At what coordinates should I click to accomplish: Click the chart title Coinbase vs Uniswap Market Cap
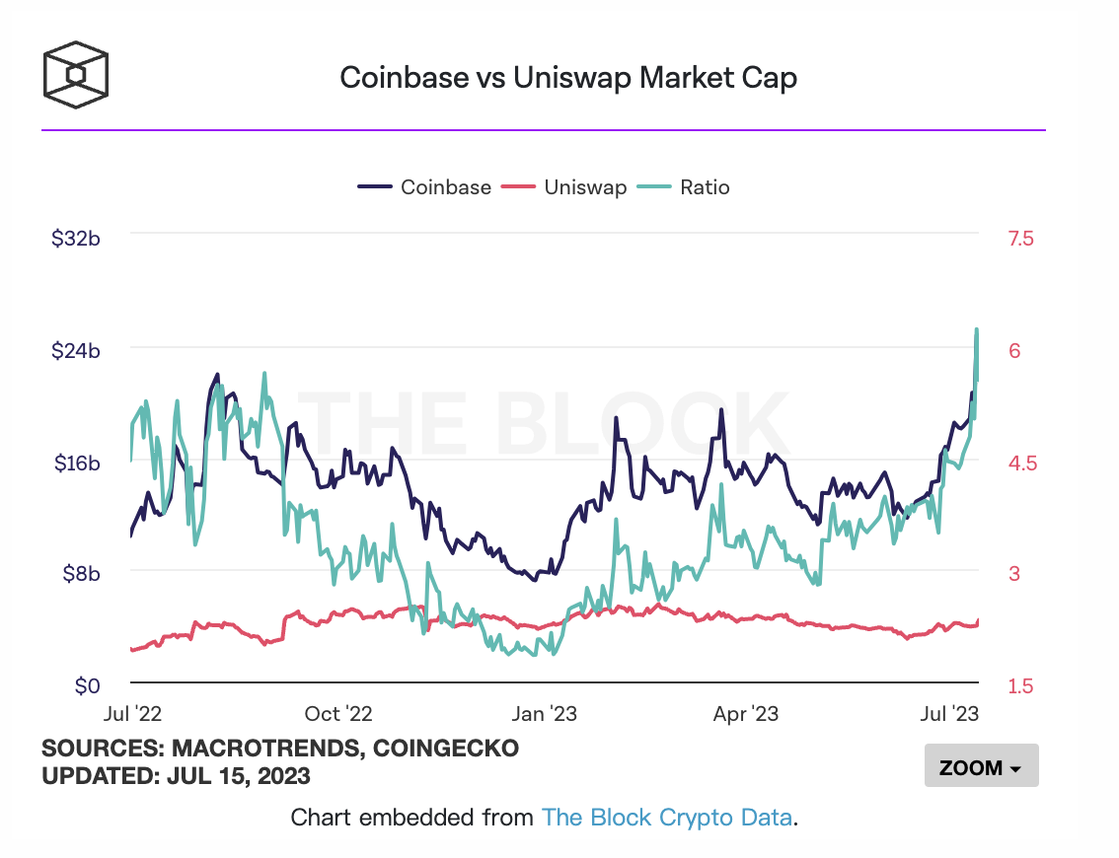tap(567, 78)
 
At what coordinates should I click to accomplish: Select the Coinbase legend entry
tap(445, 187)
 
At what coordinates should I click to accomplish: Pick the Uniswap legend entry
tap(585, 187)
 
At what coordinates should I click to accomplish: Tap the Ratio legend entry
tap(705, 187)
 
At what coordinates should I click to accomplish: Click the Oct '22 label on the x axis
tap(338, 713)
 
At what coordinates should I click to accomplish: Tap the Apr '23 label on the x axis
tap(746, 713)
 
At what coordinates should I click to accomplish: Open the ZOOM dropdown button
tap(981, 766)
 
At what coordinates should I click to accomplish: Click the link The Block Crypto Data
tap(666, 817)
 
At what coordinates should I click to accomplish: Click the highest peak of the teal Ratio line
tap(977, 329)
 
